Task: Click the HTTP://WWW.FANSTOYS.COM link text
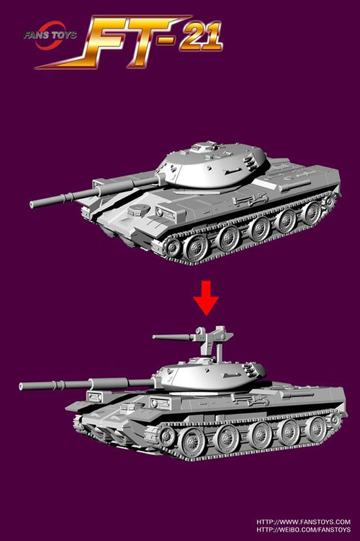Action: coord(302,522)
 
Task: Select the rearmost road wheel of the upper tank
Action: coord(312,213)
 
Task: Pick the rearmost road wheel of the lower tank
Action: coord(316,429)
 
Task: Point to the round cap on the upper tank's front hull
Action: coord(139,210)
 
